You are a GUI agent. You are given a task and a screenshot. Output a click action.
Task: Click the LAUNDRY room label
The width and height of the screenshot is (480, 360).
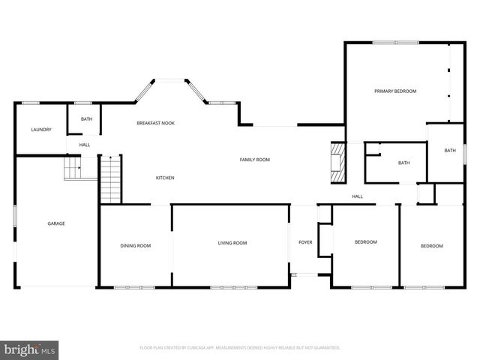pyautogui.click(x=41, y=130)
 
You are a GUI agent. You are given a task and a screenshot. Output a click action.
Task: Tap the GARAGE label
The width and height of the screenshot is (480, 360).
pyautogui.click(x=56, y=223)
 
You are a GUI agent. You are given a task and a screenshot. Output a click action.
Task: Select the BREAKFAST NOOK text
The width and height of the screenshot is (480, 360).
pyautogui.click(x=155, y=123)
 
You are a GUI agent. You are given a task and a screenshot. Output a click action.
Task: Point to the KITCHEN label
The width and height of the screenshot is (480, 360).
pyautogui.click(x=165, y=178)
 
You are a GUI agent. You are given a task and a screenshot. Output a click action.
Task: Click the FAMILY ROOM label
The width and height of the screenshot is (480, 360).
pyautogui.click(x=254, y=160)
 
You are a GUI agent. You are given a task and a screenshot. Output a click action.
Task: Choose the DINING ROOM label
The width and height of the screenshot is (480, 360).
pyautogui.click(x=136, y=245)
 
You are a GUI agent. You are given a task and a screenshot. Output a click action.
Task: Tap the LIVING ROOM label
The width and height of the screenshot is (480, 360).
pyautogui.click(x=232, y=243)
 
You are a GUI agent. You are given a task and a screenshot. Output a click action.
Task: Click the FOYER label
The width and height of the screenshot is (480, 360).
pyautogui.click(x=305, y=242)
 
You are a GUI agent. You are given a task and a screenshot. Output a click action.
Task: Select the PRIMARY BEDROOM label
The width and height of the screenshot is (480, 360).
pyautogui.click(x=395, y=91)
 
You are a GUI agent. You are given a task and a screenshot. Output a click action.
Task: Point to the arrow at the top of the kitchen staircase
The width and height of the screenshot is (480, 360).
pyautogui.click(x=110, y=158)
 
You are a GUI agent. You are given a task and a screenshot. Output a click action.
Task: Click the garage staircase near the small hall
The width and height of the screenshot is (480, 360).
pyautogui.click(x=71, y=169)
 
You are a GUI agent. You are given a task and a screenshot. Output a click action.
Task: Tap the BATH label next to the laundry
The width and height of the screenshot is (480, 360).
pyautogui.click(x=87, y=119)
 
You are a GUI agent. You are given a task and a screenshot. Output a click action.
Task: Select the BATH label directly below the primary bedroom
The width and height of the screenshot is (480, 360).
pyautogui.click(x=404, y=163)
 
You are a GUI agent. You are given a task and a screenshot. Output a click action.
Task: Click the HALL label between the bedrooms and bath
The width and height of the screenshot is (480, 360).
pyautogui.click(x=358, y=196)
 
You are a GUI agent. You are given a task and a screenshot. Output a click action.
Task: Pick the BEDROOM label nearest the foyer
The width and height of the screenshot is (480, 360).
pyautogui.click(x=365, y=242)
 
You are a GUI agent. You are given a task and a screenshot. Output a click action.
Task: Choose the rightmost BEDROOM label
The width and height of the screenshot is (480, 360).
pyautogui.click(x=431, y=246)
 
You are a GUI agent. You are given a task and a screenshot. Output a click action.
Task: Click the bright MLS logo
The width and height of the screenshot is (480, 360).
pyautogui.click(x=30, y=349)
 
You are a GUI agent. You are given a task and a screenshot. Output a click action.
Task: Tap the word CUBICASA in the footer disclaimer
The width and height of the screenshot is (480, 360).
pyautogui.click(x=201, y=348)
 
